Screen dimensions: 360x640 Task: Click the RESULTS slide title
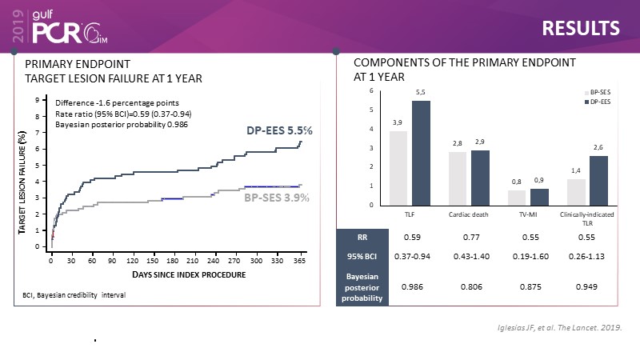coord(581,28)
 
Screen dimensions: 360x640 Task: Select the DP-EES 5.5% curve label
coord(278,130)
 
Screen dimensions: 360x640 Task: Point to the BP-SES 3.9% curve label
coord(276,197)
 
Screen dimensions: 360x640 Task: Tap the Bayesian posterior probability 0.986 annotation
coord(122,125)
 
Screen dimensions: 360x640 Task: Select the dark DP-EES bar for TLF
coord(420,152)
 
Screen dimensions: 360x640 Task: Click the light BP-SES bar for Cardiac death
coord(457,178)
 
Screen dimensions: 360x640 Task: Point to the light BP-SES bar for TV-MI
coord(517,197)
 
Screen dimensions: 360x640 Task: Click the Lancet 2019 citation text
coord(558,328)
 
